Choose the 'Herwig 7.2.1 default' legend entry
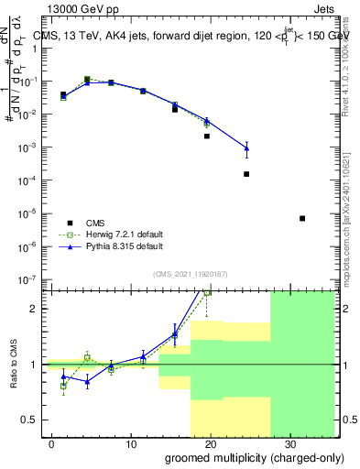(x=125, y=234)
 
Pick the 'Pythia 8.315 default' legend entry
(x=125, y=246)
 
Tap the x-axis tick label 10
(x=132, y=444)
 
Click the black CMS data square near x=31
(x=302, y=218)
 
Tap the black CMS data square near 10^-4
(x=246, y=174)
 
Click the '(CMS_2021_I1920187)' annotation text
(x=190, y=272)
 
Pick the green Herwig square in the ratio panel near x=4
(x=87, y=357)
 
